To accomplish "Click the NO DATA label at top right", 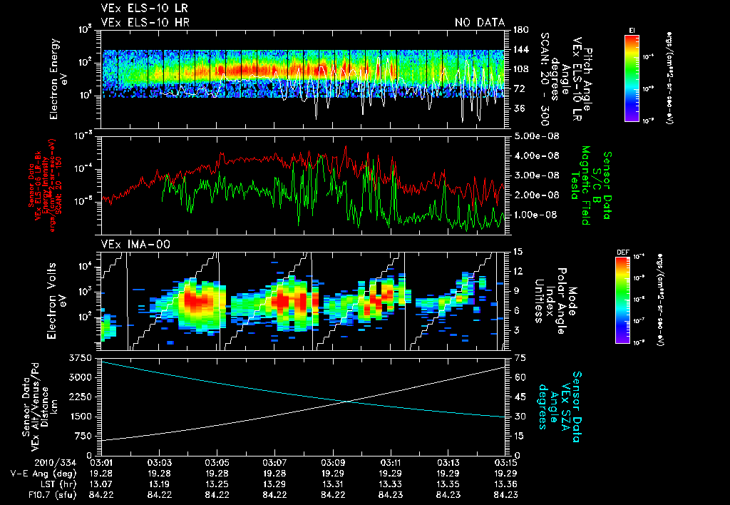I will [480, 23].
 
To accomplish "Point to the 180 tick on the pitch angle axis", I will [518, 29].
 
